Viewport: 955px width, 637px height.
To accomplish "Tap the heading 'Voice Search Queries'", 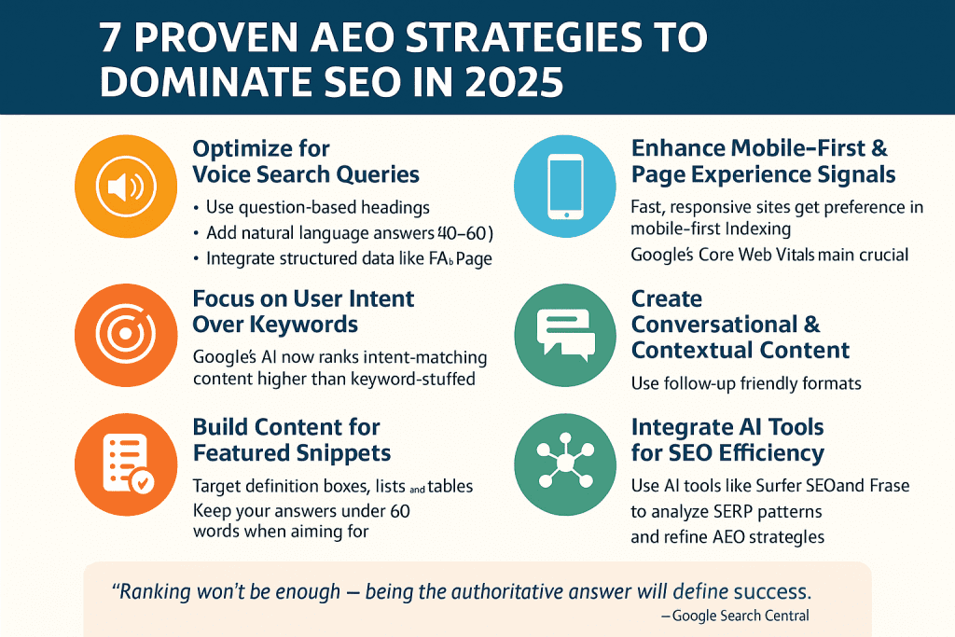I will coord(306,174).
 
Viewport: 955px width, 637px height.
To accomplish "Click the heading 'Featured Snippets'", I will coord(291,453).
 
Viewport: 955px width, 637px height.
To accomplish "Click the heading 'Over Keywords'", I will coord(276,325).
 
